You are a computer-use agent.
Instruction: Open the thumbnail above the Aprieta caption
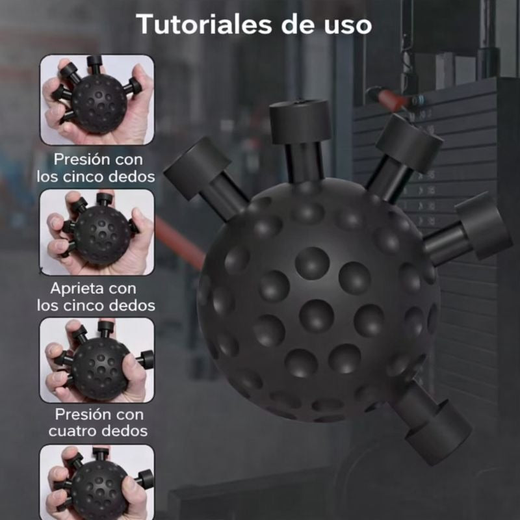(97, 231)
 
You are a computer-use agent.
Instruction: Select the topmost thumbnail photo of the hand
(97, 99)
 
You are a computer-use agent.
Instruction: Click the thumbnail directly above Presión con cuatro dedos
(97, 359)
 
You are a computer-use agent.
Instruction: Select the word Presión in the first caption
(80, 159)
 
